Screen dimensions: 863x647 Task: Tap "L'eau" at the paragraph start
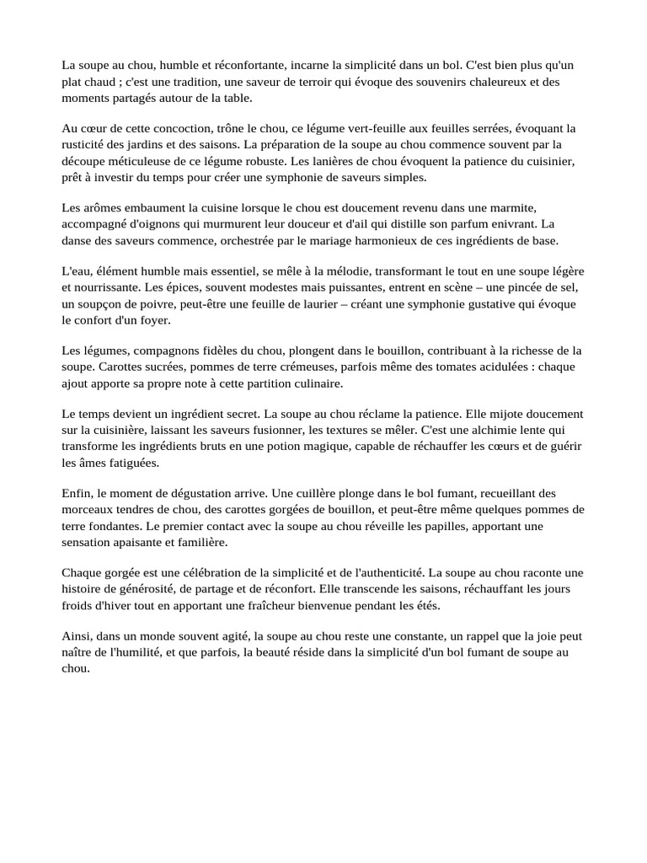(x=77, y=271)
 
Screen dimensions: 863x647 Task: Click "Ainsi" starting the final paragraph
(x=77, y=636)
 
